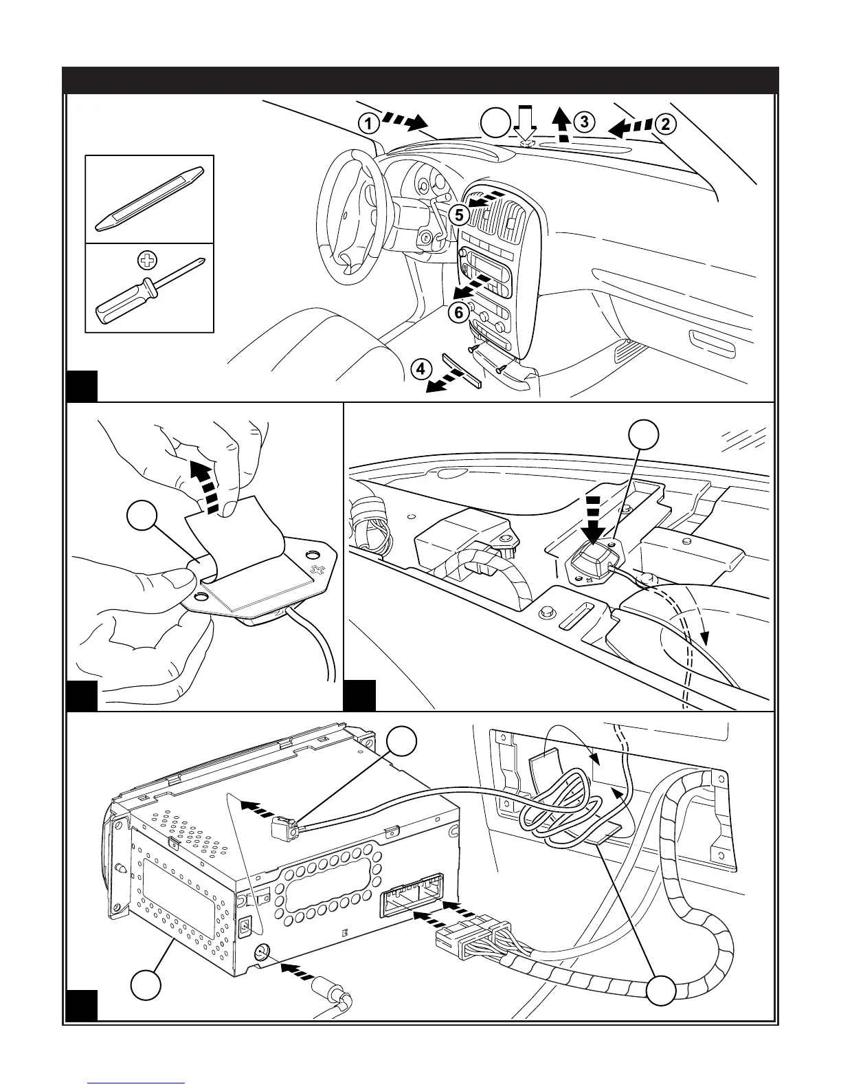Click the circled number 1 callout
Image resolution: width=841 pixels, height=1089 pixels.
(368, 124)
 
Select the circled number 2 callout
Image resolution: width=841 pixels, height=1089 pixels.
(664, 124)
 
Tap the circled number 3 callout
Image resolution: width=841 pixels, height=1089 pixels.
(583, 122)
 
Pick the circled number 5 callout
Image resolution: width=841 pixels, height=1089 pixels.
(459, 214)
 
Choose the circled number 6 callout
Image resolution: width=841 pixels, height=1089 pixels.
(459, 312)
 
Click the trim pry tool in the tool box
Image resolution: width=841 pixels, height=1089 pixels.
(149, 198)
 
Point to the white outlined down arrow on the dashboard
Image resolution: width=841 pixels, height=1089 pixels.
(526, 124)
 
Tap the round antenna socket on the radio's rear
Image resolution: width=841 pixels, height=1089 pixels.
(261, 954)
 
